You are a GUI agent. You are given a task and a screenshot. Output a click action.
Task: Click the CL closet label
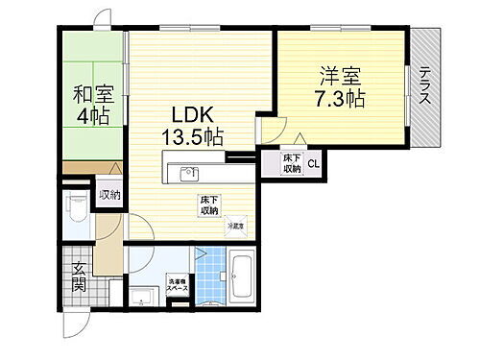click(314, 165)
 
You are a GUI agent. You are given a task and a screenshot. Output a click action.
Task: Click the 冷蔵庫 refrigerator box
click(235, 227)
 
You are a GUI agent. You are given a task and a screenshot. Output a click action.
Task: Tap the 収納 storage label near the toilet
click(110, 195)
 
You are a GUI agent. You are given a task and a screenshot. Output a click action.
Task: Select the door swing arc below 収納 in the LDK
click(138, 230)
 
